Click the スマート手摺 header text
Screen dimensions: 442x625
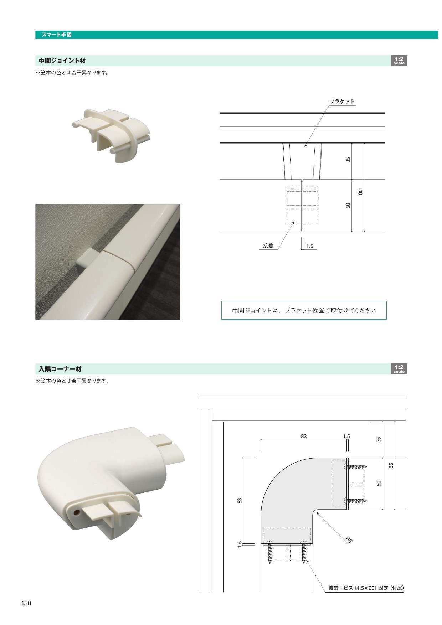[57, 35]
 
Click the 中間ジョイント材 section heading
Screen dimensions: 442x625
[62, 61]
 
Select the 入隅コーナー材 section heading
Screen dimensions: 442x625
[60, 369]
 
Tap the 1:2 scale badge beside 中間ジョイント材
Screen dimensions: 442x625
[399, 61]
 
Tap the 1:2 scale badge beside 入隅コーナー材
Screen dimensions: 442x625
[399, 369]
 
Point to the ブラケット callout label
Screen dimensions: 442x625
[342, 102]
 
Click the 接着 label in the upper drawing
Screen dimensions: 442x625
[268, 246]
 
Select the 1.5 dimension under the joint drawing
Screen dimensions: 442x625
[310, 246]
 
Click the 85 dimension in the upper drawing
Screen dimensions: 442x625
[361, 192]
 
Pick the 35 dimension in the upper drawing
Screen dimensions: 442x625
[348, 160]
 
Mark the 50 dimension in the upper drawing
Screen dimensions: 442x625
[348, 206]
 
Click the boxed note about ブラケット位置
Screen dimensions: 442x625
[304, 310]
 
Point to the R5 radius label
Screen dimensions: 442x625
[349, 540]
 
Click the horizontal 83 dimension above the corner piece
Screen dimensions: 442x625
[304, 436]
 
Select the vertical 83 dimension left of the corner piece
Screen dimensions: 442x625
[240, 501]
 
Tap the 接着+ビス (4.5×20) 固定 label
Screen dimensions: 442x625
[366, 588]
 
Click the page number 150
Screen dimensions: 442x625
[26, 603]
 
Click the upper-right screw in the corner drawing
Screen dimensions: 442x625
[355, 466]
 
